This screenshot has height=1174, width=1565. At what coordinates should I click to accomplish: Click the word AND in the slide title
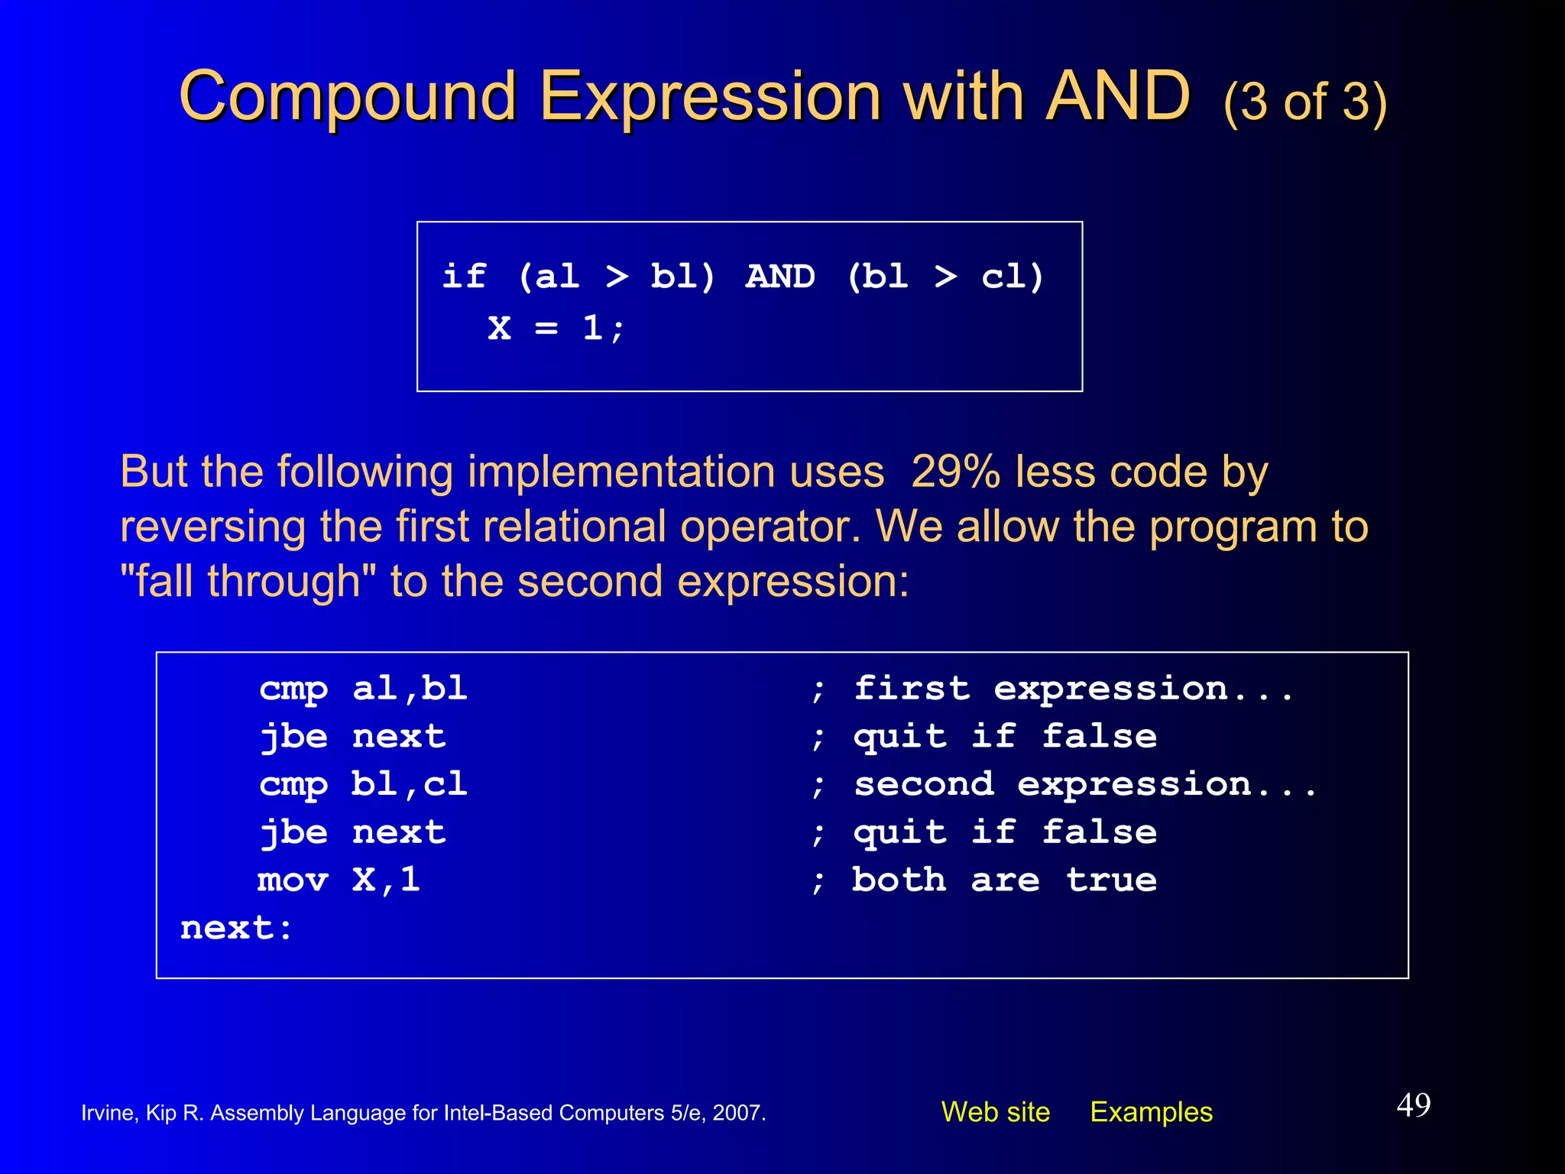click(1117, 97)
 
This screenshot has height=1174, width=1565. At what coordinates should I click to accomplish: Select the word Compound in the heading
click(348, 97)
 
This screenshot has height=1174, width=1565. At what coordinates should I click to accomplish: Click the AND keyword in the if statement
click(780, 277)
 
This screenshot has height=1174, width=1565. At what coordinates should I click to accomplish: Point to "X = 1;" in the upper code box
click(556, 329)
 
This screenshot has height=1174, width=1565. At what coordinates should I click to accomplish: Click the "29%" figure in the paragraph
click(955, 472)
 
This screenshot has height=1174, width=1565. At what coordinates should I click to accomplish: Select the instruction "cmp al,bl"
click(363, 689)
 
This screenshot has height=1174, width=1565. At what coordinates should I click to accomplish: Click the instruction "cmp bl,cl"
click(363, 784)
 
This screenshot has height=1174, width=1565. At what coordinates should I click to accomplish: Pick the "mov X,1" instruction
click(339, 880)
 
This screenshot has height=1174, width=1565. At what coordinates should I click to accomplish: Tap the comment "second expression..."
click(1085, 784)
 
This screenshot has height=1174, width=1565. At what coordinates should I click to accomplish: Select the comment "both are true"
click(1004, 880)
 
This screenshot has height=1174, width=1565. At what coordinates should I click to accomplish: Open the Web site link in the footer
click(995, 1112)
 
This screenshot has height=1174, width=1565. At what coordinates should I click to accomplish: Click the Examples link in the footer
click(1151, 1112)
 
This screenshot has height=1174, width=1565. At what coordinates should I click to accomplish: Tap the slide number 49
click(1413, 1105)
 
